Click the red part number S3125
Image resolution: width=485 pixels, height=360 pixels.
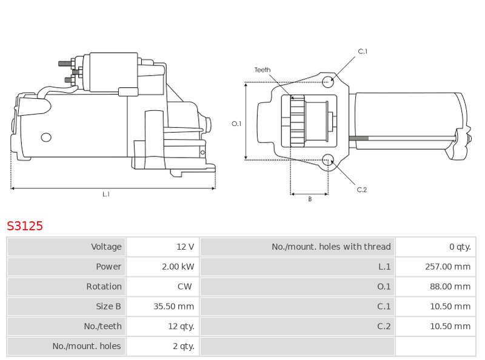[25, 226]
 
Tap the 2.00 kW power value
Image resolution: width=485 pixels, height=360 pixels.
[178, 267]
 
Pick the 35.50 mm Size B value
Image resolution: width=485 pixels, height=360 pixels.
[173, 306]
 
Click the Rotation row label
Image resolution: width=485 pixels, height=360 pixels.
[104, 287]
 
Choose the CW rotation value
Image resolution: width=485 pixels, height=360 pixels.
[185, 287]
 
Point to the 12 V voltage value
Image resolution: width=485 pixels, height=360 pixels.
[186, 247]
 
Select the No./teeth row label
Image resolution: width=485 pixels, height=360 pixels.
[102, 326]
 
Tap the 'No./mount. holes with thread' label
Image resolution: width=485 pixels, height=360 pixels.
[331, 247]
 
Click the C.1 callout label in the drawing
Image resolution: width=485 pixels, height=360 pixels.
[363, 52]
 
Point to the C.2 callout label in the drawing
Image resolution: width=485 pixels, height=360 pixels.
[361, 190]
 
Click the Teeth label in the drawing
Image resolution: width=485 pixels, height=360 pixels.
[263, 70]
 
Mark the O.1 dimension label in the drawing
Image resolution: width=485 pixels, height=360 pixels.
[236, 124]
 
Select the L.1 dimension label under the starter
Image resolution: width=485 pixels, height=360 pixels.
[106, 194]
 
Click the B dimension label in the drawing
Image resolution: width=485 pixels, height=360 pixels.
[310, 199]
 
